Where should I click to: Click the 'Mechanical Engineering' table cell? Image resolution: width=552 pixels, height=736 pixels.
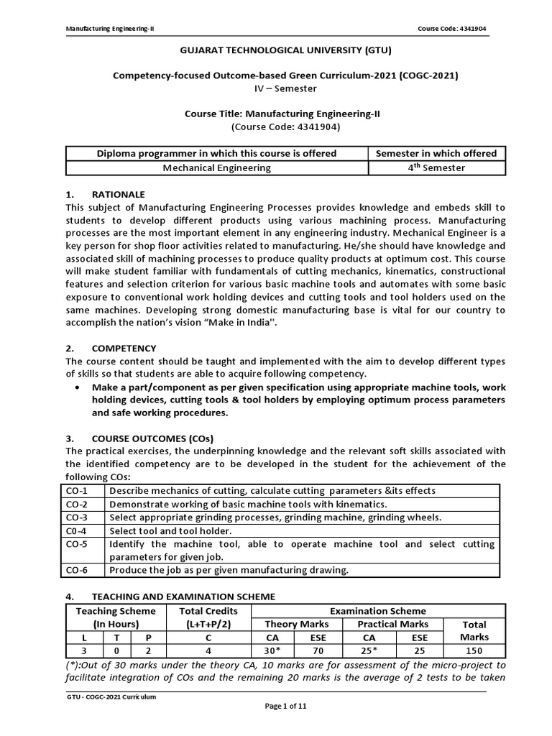pyautogui.click(x=216, y=167)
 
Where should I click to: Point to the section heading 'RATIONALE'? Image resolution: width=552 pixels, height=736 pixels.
pyautogui.click(x=118, y=194)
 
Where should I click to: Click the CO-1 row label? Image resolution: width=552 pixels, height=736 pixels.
pyautogui.click(x=76, y=491)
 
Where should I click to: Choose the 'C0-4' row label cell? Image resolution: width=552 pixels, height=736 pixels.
pyautogui.click(x=76, y=530)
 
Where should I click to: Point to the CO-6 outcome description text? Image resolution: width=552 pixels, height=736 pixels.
pyautogui.click(x=229, y=570)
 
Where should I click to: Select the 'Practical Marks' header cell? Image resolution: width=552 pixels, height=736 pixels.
pyautogui.click(x=392, y=624)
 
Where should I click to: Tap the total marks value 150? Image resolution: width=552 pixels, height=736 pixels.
pyautogui.click(x=474, y=650)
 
